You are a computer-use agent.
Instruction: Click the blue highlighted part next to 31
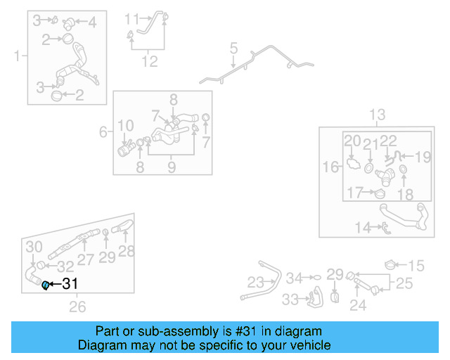(x=46, y=285)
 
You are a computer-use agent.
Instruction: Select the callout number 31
(x=70, y=285)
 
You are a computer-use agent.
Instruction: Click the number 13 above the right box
(x=378, y=115)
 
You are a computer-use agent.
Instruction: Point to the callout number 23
(x=255, y=282)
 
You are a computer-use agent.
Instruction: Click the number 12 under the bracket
(x=150, y=62)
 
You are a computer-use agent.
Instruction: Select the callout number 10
(x=125, y=127)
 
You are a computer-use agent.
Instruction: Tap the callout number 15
(x=417, y=266)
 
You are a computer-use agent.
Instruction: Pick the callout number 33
(x=290, y=300)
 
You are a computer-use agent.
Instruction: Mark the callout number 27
(x=85, y=259)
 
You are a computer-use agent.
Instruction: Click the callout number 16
(x=330, y=167)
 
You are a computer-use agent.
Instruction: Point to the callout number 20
(x=352, y=141)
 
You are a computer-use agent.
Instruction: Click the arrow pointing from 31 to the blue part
(x=55, y=285)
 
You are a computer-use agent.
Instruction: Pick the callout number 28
(x=126, y=251)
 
